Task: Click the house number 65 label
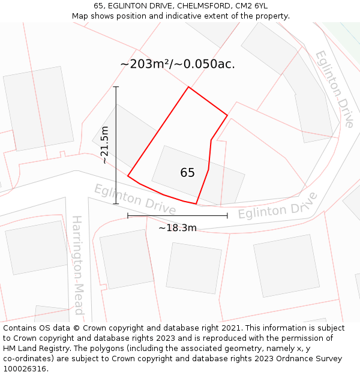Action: point(187,173)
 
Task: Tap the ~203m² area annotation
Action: point(177,64)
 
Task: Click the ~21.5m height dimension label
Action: point(105,145)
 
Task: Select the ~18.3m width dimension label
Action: point(178,228)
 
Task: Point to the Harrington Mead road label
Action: point(77,265)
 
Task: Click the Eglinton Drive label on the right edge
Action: point(334,88)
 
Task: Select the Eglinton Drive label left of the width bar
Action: point(134,199)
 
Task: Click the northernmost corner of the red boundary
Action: point(188,87)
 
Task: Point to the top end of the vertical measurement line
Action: point(116,87)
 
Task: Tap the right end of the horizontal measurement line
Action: point(227,215)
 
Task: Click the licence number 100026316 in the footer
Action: point(25,369)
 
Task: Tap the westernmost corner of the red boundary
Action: point(128,176)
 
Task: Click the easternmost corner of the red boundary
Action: point(227,115)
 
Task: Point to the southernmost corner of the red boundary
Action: point(196,204)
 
